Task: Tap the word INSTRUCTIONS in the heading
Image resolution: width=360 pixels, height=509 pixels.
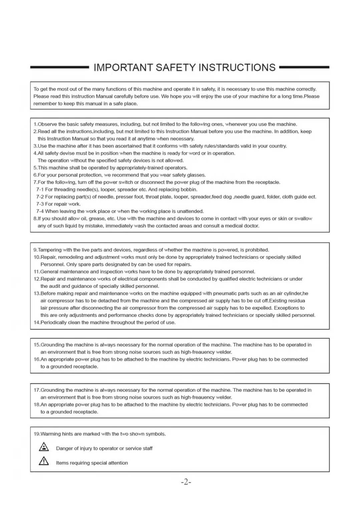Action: click(x=237, y=68)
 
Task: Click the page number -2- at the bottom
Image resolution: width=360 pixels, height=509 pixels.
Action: click(x=186, y=482)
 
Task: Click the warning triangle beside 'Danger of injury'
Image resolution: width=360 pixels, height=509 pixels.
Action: click(x=44, y=447)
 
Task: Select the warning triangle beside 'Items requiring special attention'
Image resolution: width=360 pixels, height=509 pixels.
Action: click(x=44, y=461)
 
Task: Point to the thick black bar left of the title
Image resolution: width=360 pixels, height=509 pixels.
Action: click(x=59, y=67)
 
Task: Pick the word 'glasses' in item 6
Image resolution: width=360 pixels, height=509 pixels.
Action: click(x=196, y=175)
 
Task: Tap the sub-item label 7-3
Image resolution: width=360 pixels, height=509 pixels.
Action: click(x=40, y=204)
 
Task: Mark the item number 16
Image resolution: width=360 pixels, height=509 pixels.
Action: click(x=37, y=359)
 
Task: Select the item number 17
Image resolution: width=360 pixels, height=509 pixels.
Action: click(x=37, y=390)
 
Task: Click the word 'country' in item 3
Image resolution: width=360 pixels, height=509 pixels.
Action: click(x=278, y=146)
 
